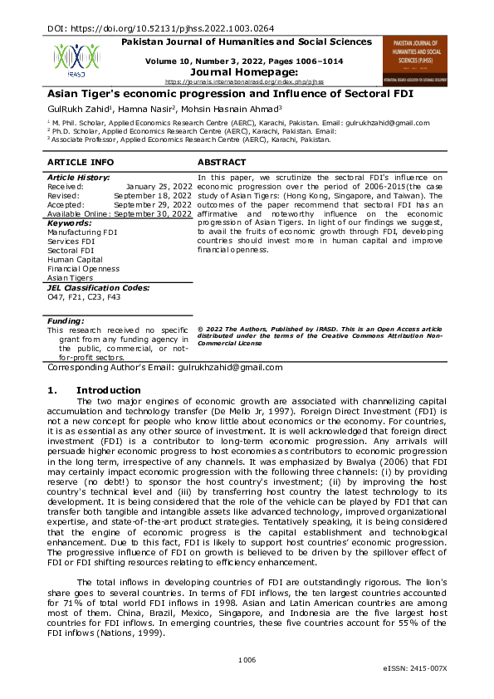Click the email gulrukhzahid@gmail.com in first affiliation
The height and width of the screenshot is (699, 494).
point(366,122)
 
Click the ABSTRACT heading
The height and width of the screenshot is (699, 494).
point(222,162)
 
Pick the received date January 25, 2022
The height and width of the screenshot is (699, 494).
point(159,187)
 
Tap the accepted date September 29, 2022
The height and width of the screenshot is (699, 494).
point(153,204)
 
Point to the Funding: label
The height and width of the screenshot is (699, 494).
point(66,320)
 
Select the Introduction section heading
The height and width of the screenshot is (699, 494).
point(108,390)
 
